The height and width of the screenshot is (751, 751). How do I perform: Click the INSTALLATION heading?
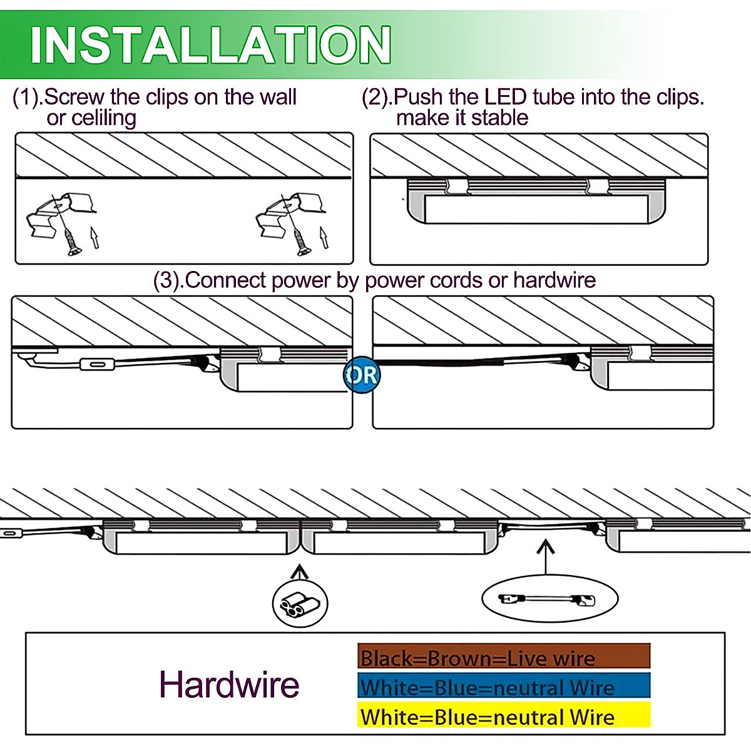(210, 44)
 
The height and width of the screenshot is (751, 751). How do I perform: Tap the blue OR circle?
(362, 375)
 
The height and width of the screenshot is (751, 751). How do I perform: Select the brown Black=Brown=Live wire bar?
(504, 657)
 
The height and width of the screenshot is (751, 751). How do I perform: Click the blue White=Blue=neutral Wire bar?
(504, 687)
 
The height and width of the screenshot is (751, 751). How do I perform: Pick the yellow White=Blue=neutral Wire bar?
(504, 716)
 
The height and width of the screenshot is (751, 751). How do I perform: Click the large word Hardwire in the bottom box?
(229, 684)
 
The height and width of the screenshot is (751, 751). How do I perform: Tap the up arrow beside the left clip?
(94, 237)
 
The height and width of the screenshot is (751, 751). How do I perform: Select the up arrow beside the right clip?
(324, 237)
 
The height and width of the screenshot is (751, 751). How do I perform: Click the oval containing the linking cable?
(549, 599)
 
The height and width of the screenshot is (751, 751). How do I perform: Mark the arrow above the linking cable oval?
(546, 557)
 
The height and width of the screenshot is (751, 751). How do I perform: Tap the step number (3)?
(167, 280)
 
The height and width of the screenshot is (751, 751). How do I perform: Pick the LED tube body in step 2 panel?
(536, 208)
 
